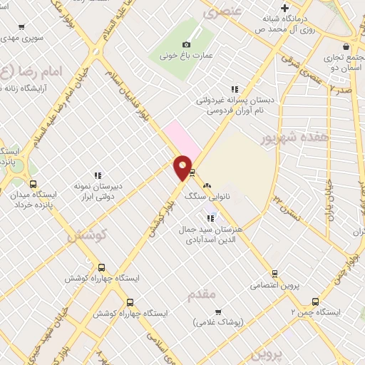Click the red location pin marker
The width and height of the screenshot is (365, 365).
(183, 168)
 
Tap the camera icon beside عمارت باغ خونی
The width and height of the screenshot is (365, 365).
(187, 44)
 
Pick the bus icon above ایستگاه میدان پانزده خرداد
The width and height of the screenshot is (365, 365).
(32, 184)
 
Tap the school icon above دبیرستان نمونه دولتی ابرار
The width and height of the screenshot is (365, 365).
(98, 175)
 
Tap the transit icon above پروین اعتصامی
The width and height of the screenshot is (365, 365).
(274, 274)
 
